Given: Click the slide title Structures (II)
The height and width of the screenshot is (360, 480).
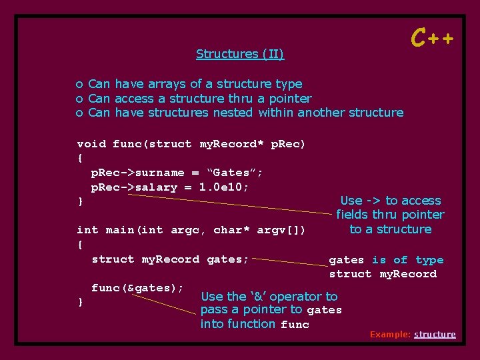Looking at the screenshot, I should click(240, 54).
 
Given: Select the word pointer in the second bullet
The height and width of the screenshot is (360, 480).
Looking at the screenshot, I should click(289, 99).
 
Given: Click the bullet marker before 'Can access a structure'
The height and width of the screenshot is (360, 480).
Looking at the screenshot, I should click(79, 99).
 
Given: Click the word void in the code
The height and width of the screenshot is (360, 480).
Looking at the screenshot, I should click(91, 144).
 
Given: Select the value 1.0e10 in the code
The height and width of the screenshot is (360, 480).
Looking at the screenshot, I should click(224, 187).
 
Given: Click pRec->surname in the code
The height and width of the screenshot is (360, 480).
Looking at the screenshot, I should click(138, 173).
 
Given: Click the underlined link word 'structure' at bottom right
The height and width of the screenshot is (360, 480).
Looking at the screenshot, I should click(435, 334).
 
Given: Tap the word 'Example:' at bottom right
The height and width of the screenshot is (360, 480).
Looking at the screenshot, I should click(390, 334).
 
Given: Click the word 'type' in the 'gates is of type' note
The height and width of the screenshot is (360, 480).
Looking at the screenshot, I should click(429, 260).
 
